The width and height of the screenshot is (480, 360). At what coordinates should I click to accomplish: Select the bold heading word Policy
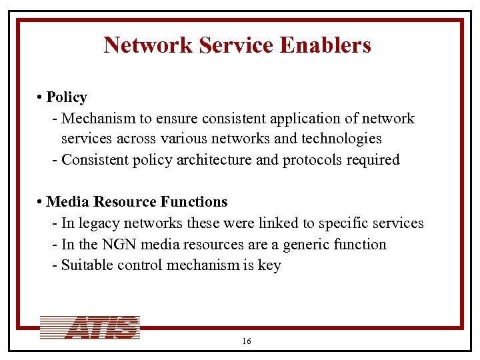[67, 97]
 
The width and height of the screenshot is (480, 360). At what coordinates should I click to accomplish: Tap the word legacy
[99, 223]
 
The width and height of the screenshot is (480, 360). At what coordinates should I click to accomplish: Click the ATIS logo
[90, 327]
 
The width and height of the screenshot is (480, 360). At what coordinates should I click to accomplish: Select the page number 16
[247, 341]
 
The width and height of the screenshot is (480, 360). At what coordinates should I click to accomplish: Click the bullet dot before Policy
[41, 98]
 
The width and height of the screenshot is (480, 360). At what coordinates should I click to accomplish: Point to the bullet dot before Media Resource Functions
[41, 202]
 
